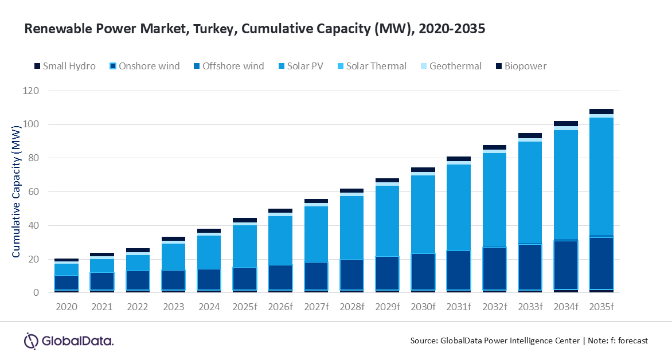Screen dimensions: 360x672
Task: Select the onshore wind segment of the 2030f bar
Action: [423, 272]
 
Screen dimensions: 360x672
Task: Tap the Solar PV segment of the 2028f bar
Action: [351, 228]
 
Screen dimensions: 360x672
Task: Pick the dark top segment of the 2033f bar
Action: [530, 136]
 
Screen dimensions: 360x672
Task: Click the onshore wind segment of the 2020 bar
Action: [67, 283]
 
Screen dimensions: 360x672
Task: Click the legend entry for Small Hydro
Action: [64, 66]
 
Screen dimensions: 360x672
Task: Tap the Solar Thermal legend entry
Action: [373, 66]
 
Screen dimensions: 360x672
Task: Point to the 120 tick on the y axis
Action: [32, 91]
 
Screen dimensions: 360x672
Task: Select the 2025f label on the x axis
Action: [245, 307]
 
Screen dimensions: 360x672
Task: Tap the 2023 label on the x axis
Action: [173, 307]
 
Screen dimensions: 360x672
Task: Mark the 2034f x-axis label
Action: [565, 307]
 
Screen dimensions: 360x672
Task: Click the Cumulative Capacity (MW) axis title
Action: [16, 192]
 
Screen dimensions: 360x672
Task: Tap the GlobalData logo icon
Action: [30, 341]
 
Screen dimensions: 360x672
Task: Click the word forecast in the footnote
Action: [630, 341]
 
